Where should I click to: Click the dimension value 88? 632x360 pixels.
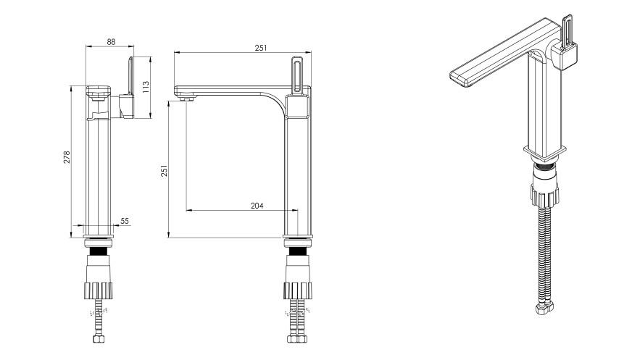[x=111, y=41]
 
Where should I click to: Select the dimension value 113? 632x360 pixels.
[x=146, y=87]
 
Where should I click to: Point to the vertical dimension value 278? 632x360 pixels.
[x=67, y=157]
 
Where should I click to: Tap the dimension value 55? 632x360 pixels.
[x=125, y=221]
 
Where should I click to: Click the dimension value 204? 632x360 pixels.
[x=257, y=206]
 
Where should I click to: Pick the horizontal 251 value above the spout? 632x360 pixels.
[x=261, y=48]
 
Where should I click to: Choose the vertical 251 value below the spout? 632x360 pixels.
[x=164, y=171]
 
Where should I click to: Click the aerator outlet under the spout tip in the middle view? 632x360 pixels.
[x=186, y=99]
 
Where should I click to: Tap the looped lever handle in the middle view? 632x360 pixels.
[x=297, y=75]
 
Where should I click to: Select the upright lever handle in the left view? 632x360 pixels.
[x=130, y=77]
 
